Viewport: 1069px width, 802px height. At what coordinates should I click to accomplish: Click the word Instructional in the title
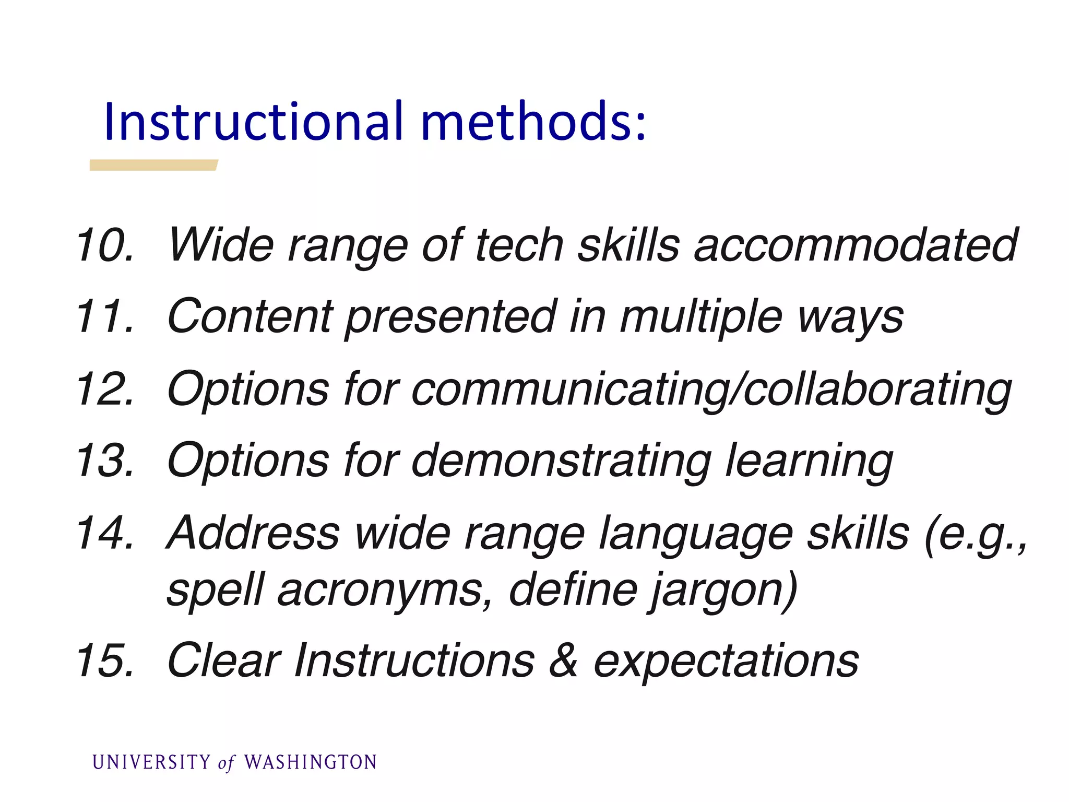254,122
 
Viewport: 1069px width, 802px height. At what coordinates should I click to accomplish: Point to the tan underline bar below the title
153,165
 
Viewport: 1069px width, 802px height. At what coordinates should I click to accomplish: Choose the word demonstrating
561,461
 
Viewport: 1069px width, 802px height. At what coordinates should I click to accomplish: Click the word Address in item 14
253,533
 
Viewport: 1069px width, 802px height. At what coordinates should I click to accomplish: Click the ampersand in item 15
563,661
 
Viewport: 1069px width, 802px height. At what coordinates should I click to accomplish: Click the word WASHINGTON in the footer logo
311,762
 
